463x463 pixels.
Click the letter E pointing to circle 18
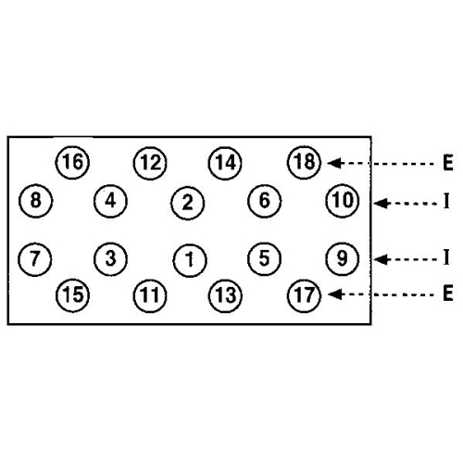448,163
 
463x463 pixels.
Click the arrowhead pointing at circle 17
335,294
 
